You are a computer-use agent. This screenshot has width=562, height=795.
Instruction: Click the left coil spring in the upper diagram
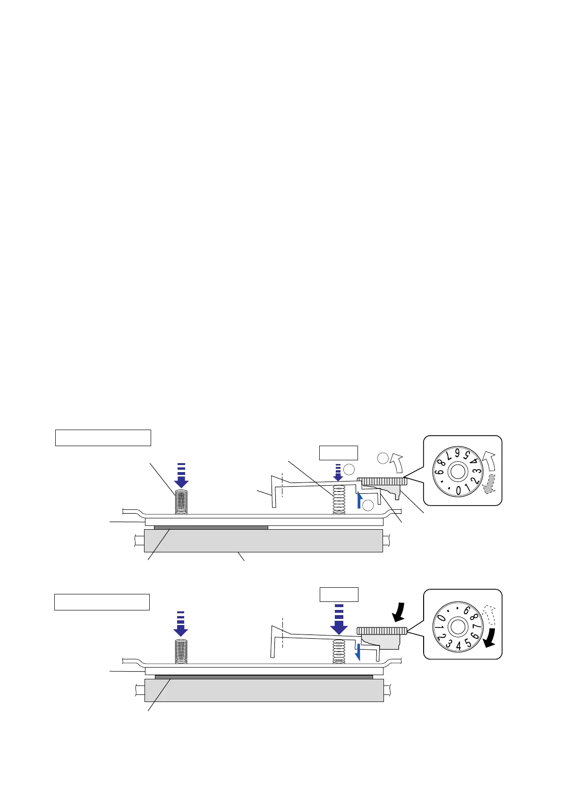coord(181,501)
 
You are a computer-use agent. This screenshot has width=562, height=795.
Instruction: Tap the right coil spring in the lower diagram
coord(339,651)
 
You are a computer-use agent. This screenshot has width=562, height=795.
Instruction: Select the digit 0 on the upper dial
coord(459,491)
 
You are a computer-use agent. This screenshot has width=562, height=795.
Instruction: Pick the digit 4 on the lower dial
coord(459,646)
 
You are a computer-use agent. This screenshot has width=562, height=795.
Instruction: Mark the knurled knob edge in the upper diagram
coord(382,482)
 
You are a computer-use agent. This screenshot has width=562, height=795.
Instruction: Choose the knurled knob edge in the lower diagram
coord(382,631)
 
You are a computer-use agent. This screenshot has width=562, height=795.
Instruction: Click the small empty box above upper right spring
coord(339,453)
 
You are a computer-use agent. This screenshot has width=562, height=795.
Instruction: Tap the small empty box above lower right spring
coord(339,594)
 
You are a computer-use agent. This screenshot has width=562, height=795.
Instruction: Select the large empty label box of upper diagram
coord(103,438)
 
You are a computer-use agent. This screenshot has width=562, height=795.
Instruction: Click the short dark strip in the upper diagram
coord(211,527)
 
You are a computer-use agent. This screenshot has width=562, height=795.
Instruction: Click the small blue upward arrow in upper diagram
coord(359,500)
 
